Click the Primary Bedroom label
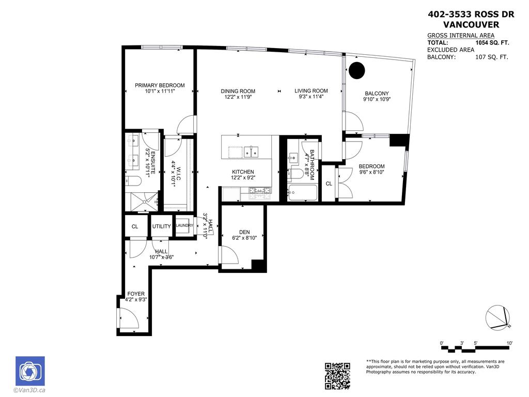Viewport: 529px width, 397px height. click(160, 85)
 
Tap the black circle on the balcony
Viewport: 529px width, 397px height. click(356, 70)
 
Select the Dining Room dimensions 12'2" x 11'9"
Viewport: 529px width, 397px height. click(238, 97)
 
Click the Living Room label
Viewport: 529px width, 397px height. click(311, 91)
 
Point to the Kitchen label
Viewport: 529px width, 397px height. click(242, 172)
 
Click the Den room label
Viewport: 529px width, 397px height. click(244, 232)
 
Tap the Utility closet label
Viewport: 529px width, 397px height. click(162, 226)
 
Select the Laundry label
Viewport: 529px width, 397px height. click(184, 225)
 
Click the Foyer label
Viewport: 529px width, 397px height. click(136, 294)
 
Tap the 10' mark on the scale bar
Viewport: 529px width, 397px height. click(509, 343)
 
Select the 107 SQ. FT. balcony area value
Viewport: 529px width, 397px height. click(491, 57)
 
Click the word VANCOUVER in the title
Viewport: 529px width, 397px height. click(471, 24)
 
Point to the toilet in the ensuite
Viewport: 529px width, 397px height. click(132, 182)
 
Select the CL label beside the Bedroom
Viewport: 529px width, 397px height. click(329, 184)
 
